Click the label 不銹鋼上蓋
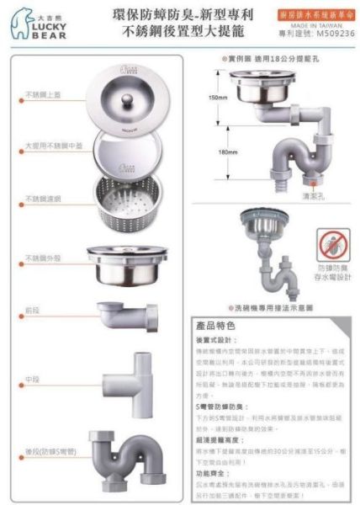[x=42, y=94]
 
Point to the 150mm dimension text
[x=218, y=98]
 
